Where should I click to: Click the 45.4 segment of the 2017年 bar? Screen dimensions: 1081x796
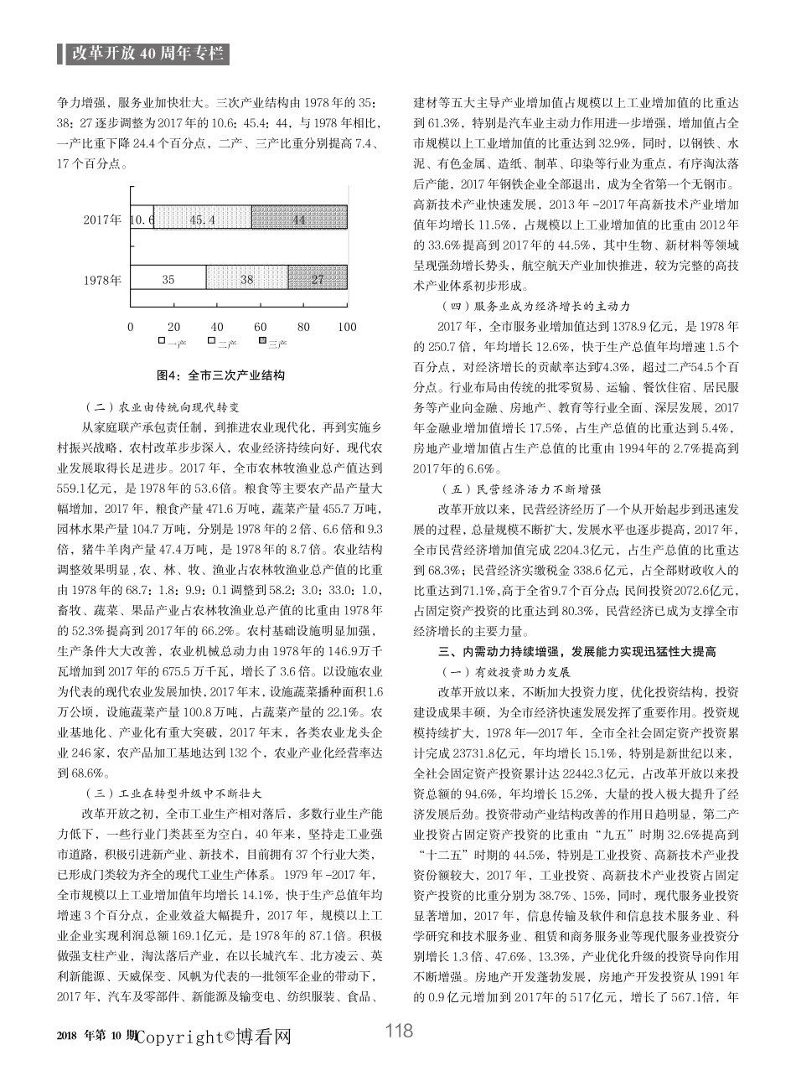coord(202,220)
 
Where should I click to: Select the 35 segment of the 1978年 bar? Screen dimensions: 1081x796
coord(168,279)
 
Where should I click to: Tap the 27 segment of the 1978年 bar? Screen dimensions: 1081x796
coord(318,279)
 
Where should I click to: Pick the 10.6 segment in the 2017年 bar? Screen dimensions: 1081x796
coord(142,220)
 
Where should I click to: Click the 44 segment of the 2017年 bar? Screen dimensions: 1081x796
coord(299,220)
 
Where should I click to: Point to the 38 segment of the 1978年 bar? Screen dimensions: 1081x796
coord(247,279)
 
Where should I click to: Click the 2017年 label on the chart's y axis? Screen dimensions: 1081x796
coord(102,220)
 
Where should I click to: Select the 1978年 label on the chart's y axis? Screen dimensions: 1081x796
coord(102,280)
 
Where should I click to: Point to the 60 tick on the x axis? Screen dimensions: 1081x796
coord(261,327)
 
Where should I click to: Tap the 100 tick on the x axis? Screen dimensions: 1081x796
coord(346,327)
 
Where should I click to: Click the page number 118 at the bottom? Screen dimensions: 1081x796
coord(399,1031)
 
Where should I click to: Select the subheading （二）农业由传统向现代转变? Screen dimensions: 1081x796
coord(163,407)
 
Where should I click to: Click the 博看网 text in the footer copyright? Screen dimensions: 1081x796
coord(264,1037)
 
